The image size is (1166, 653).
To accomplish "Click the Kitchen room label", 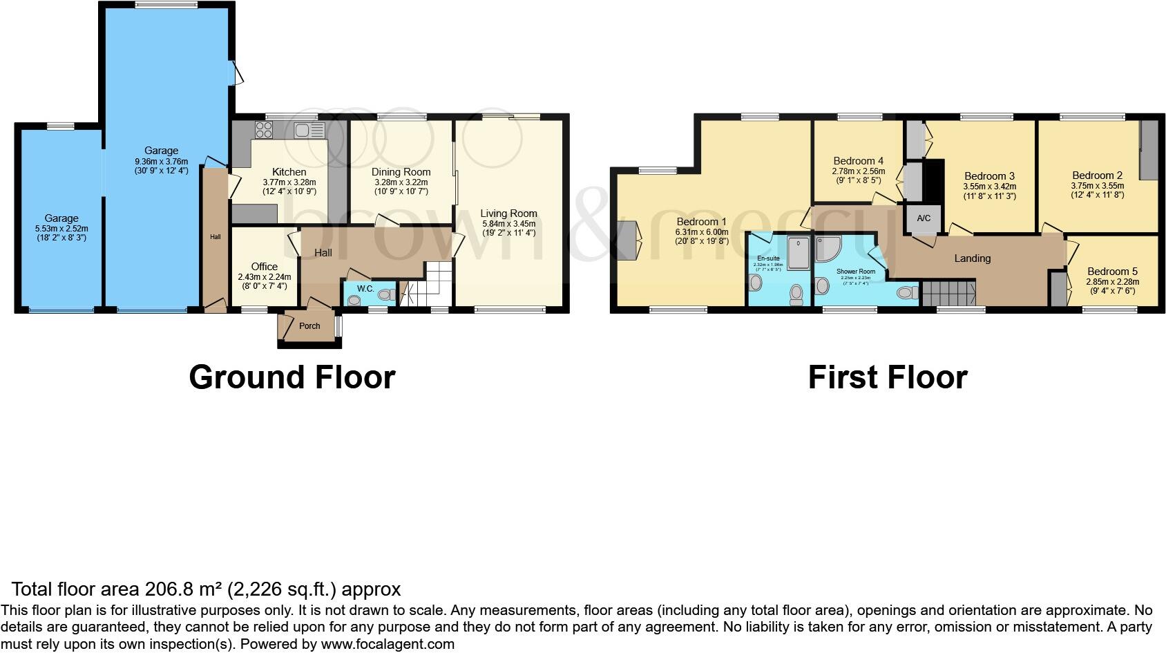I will (x=289, y=172).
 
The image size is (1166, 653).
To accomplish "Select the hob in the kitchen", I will (x=264, y=129).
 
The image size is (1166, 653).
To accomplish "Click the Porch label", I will (x=309, y=326).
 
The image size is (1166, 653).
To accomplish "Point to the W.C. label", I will (x=365, y=289).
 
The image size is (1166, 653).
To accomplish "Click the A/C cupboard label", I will (x=924, y=218).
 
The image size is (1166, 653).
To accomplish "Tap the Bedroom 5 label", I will (x=1112, y=272).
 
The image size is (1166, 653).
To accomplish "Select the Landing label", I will (x=972, y=258).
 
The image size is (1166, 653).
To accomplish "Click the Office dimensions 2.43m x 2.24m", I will (x=264, y=276).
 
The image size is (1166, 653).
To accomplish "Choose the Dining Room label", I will (x=401, y=172).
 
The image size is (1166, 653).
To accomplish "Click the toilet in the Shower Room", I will (x=907, y=293).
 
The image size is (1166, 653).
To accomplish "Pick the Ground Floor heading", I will (x=291, y=377).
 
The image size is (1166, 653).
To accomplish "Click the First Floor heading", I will (x=887, y=377).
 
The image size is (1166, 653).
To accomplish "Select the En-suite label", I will (x=768, y=258).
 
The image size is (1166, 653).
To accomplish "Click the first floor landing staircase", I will (x=948, y=294).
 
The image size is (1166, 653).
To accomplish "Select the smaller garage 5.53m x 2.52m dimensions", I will (x=61, y=228).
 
